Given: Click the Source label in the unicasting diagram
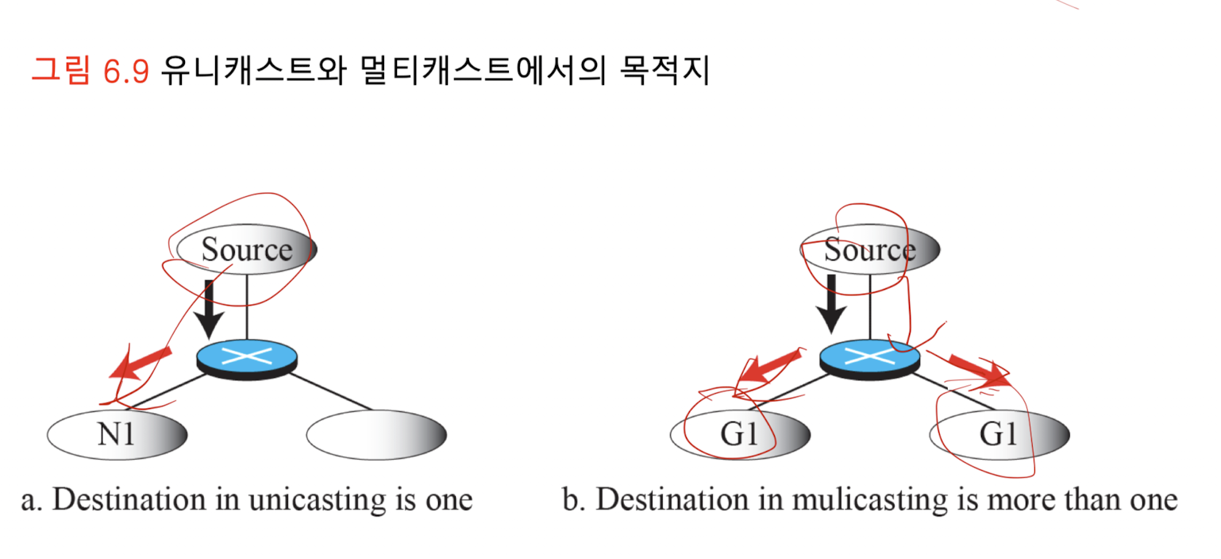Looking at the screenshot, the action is (x=246, y=250).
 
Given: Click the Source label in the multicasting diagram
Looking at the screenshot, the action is (x=869, y=250).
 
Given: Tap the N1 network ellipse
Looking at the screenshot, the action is (x=117, y=435).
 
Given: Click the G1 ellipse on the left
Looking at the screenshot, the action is (x=740, y=435).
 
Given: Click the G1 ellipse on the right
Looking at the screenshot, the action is (x=999, y=435).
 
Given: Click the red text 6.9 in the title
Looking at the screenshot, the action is (x=126, y=71).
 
